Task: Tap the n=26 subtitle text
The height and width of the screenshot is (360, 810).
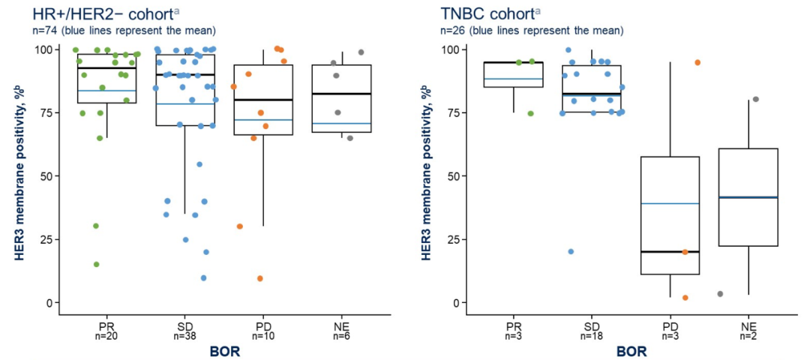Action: coord(531,31)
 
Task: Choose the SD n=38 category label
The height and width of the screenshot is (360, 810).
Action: coord(185,331)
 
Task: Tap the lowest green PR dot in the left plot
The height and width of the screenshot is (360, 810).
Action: coord(96,264)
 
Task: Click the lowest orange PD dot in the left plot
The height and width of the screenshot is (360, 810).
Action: coord(260,278)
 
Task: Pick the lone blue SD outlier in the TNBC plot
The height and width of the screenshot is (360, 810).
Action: coord(571,252)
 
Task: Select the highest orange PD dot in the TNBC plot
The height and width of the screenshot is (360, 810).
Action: coord(697,62)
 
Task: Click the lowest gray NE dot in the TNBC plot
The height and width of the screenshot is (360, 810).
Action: coord(721,294)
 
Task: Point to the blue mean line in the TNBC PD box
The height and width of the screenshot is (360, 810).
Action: coord(670,203)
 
